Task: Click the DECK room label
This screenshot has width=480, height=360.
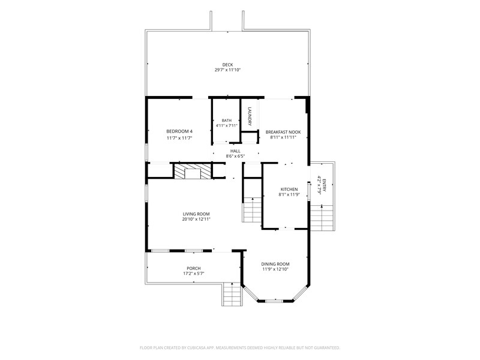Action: (227, 65)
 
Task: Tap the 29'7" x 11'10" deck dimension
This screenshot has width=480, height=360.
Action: (227, 70)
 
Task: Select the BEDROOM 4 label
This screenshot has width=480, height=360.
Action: (179, 131)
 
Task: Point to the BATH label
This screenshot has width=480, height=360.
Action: (227, 121)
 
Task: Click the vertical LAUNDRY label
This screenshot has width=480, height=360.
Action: (250, 116)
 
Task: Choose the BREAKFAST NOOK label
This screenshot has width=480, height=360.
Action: (283, 132)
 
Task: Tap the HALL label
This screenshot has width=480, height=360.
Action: (235, 151)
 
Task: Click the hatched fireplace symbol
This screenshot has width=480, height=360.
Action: (193, 171)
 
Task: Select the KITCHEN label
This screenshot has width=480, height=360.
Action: (289, 189)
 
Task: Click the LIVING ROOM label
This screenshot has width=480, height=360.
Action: (196, 214)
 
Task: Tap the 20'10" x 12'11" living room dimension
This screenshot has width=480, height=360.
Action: (196, 219)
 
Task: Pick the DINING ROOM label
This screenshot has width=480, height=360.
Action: (275, 264)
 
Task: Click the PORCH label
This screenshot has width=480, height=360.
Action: (193, 268)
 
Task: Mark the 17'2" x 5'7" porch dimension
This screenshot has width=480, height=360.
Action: (193, 274)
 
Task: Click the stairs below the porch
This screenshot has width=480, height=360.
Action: (232, 294)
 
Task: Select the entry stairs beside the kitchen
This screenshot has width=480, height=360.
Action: (322, 217)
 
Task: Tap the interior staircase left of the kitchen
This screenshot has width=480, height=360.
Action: (253, 209)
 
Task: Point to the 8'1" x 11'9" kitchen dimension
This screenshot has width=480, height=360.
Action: (289, 194)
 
